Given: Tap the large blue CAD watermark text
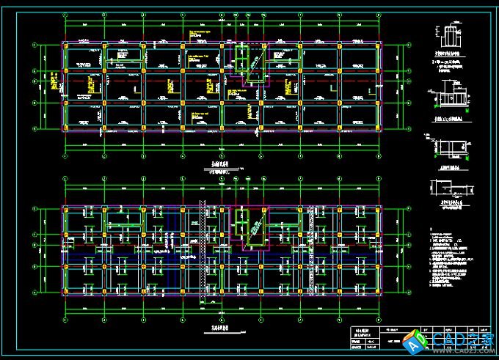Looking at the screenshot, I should pyautogui.click(x=461, y=341).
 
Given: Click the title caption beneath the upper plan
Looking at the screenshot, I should pyautogui.click(x=221, y=169).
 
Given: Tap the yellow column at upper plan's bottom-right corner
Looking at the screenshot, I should pyautogui.click(x=378, y=128).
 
